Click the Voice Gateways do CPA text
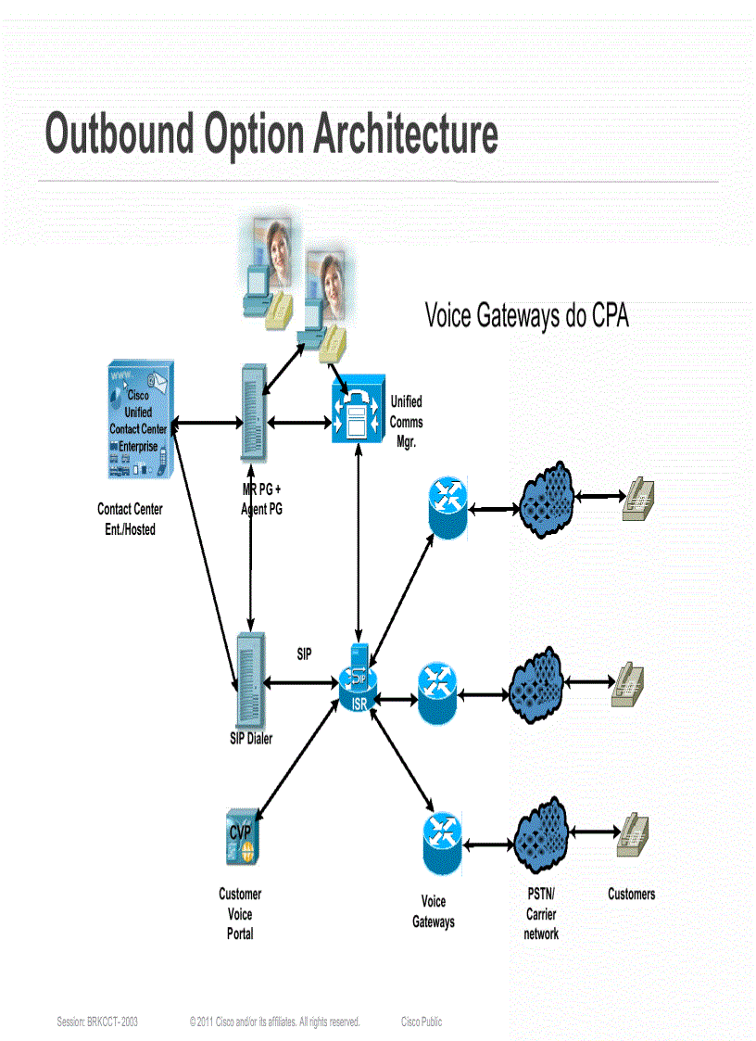[526, 315]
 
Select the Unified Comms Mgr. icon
[357, 413]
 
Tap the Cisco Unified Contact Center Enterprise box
[139, 421]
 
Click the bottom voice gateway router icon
[442, 843]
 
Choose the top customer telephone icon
[638, 497]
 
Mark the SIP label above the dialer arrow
[304, 654]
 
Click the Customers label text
[631, 894]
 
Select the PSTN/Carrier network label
[540, 914]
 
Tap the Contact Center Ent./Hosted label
[130, 519]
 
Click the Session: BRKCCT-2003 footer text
[97, 1022]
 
